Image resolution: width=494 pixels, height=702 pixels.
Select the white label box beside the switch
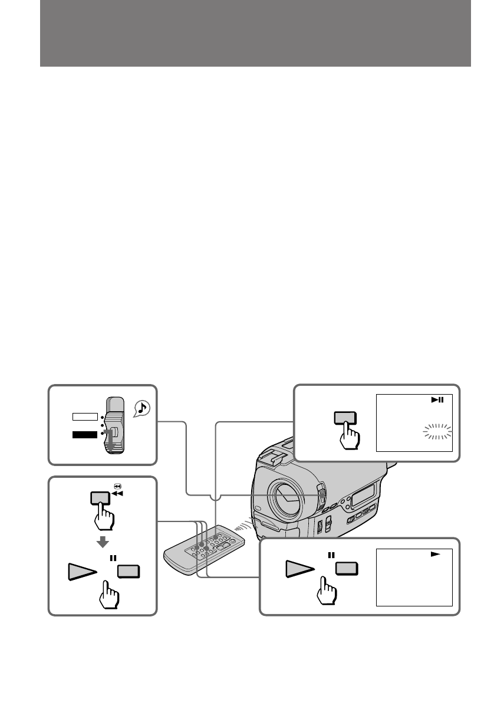(x=84, y=416)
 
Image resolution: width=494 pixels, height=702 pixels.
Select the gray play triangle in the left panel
(x=80, y=572)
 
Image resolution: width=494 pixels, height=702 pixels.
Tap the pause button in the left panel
(x=129, y=572)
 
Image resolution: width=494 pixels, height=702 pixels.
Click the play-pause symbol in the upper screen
(x=437, y=401)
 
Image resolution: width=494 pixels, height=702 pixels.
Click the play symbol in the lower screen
(x=437, y=555)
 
